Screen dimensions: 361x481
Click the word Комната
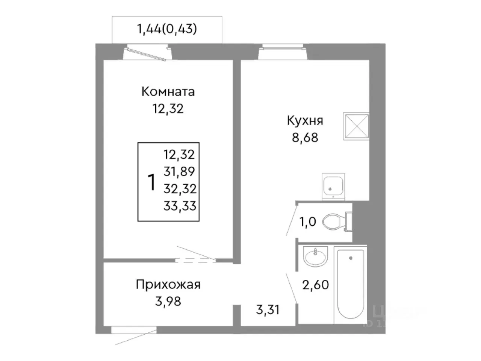tap(168, 91)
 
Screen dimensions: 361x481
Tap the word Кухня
tap(305, 121)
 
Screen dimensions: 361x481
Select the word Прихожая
tap(168, 284)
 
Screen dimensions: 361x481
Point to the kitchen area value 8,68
tap(305, 137)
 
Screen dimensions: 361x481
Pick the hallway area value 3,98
tap(168, 301)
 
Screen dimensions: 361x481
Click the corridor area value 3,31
tap(268, 311)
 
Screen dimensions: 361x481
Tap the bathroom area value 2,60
tap(316, 285)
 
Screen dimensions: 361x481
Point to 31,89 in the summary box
tap(180, 171)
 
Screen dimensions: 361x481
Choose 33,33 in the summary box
tap(180, 206)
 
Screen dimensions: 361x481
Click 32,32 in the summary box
tap(180, 188)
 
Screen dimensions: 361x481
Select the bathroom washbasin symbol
tap(316, 258)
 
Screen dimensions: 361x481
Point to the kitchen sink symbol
tap(333, 186)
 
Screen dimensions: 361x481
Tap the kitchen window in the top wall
tap(283, 48)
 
